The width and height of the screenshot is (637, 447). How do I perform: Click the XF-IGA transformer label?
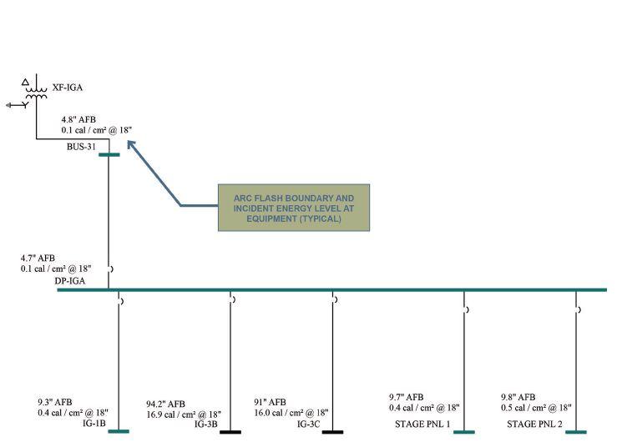point(67,88)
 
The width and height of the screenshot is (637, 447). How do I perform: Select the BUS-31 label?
point(82,147)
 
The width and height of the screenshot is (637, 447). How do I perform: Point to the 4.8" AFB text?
point(78,119)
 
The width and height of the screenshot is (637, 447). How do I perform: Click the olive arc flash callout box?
point(293,207)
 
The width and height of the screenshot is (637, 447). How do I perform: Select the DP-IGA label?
point(70,282)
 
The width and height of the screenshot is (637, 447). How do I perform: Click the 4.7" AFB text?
point(38,259)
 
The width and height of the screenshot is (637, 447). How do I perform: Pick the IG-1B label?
point(94,424)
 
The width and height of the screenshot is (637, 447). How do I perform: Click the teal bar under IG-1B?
point(119,431)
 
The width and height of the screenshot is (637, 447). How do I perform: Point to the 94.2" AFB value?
point(165,404)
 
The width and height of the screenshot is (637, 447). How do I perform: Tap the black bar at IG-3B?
point(230,432)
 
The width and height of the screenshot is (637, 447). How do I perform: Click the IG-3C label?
point(308,424)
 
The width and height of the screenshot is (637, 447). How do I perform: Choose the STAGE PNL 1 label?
point(422,424)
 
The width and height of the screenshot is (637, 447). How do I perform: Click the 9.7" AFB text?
point(406,397)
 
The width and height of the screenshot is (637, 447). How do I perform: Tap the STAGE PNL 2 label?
point(534,424)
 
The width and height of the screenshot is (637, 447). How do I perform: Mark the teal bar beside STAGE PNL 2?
point(576,432)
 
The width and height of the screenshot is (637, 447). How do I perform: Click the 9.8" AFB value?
point(518,397)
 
